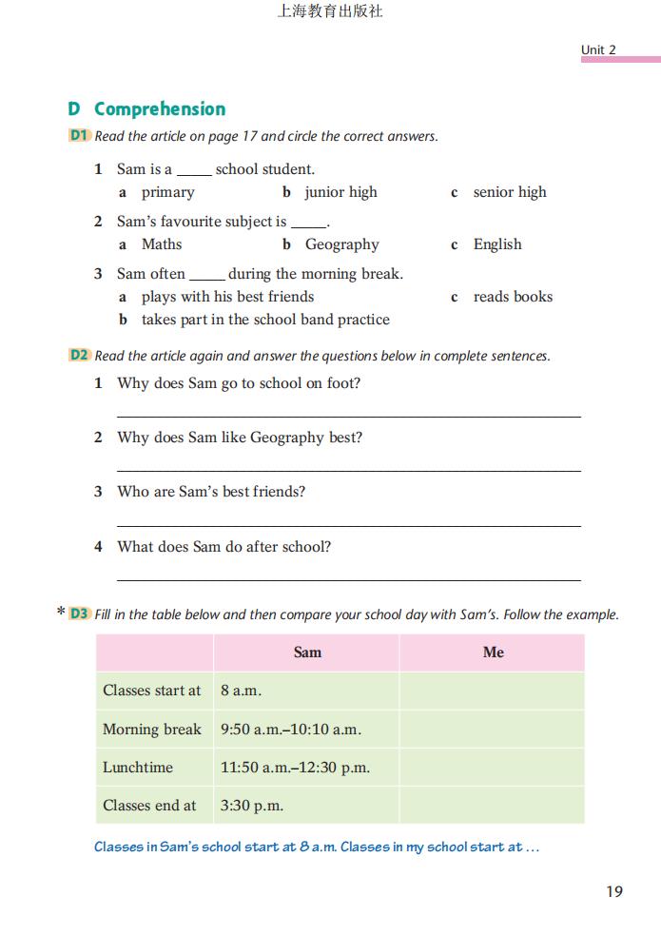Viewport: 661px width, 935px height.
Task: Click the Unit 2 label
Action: tap(598, 49)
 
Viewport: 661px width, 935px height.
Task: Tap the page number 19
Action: tap(613, 891)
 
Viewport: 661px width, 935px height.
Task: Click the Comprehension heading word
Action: tap(160, 108)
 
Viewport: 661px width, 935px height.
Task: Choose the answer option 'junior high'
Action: tap(340, 192)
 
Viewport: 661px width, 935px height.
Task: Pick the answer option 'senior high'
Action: tap(510, 192)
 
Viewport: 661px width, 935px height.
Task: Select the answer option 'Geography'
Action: tap(341, 244)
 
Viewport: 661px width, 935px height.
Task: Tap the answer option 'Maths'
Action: tap(162, 244)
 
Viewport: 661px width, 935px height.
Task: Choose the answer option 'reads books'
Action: tap(513, 297)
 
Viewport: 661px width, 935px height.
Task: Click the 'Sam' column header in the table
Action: tap(307, 653)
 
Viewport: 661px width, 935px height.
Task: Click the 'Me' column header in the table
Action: tap(493, 653)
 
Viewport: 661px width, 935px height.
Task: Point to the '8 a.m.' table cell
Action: tap(241, 691)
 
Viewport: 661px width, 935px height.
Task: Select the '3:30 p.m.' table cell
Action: tap(252, 805)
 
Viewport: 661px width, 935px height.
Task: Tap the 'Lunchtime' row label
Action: tap(138, 767)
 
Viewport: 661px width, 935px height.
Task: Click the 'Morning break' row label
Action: tap(152, 730)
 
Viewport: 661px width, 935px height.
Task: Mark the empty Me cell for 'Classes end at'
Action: tap(492, 805)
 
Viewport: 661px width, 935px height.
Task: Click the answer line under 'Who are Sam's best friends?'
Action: tap(348, 525)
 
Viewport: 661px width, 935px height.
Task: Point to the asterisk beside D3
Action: tap(61, 614)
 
